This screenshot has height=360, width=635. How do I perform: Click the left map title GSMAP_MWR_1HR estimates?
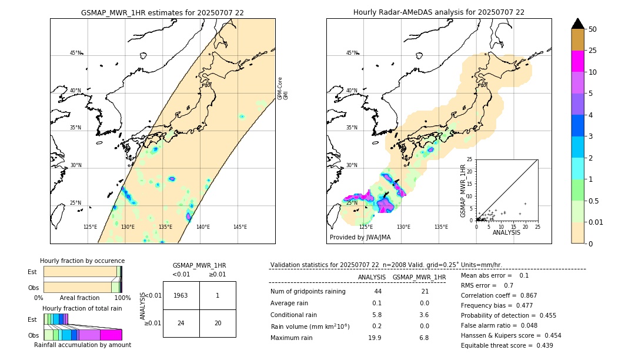(162, 12)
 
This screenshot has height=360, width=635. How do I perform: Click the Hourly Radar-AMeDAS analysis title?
(439, 12)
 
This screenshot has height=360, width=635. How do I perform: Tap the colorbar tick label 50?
(593, 29)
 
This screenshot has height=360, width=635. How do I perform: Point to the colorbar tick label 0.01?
(596, 222)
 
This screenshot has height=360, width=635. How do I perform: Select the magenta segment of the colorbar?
(577, 61)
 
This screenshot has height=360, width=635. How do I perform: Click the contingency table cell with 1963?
(181, 295)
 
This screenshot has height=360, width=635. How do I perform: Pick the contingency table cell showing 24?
(181, 323)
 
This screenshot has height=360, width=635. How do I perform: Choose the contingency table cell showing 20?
(218, 323)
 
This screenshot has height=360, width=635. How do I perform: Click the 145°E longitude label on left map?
(240, 227)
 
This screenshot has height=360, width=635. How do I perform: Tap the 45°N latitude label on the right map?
(352, 53)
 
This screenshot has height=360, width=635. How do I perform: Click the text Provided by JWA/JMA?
(360, 238)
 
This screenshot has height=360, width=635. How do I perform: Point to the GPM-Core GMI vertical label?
(283, 88)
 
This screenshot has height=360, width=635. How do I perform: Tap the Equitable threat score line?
(507, 345)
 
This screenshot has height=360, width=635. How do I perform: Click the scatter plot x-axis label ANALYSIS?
(506, 232)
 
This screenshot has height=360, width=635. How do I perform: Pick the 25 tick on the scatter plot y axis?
(470, 159)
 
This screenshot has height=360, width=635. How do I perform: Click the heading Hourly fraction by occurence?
(82, 261)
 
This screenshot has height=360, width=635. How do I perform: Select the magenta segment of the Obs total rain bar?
(111, 335)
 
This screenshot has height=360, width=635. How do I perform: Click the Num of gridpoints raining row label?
(308, 291)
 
